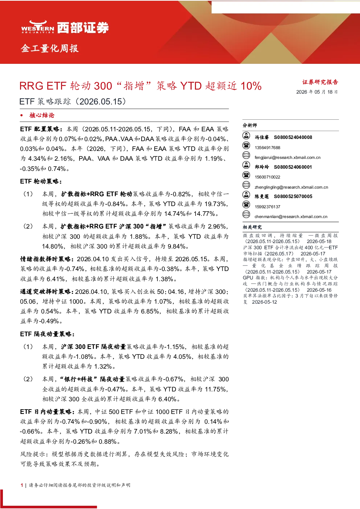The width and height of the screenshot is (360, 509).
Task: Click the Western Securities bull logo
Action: pyautogui.click(x=38, y=27)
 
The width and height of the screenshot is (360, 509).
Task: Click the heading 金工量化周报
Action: pyautogui.click(x=50, y=48)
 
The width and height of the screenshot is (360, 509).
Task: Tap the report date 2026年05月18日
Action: pyautogui.click(x=317, y=92)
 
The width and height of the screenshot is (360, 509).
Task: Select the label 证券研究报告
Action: pyautogui.click(x=320, y=82)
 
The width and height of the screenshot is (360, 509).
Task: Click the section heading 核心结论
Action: pyautogui.click(x=42, y=115)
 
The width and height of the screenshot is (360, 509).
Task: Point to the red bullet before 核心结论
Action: pyautogui.click(x=21, y=115)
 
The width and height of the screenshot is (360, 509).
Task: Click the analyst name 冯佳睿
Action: pyautogui.click(x=262, y=137)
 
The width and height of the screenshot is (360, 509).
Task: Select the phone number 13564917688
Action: pyautogui.click(x=267, y=148)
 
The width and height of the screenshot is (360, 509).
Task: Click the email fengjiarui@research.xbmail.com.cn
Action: pyautogui.click(x=287, y=157)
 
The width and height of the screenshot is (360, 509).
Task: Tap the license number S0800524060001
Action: pyautogui.click(x=293, y=167)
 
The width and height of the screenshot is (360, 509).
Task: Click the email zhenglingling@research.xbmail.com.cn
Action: pyautogui.click(x=291, y=187)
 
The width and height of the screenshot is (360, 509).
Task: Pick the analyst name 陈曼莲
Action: pyautogui.click(x=262, y=197)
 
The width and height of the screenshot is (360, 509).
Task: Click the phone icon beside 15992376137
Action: pyautogui.click(x=246, y=205)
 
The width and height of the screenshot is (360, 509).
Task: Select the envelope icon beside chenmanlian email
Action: pyautogui.click(x=246, y=214)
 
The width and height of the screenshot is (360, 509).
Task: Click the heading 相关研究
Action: pyautogui.click(x=252, y=227)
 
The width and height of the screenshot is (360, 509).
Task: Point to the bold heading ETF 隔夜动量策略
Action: pyautogui.click(x=47, y=334)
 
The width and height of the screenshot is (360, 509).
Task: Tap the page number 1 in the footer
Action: pyautogui.click(x=22, y=485)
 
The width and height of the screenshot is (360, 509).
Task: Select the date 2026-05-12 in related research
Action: pyautogui.click(x=264, y=302)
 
